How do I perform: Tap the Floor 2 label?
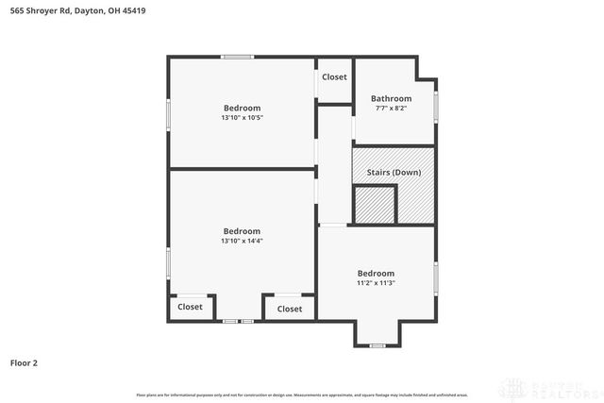point(24,362)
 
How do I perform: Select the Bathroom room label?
point(391,98)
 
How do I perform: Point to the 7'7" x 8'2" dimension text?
point(391,109)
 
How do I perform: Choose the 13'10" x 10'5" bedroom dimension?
point(242,118)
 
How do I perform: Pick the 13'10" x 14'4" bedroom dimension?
point(242,241)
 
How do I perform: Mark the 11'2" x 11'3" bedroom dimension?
point(376,283)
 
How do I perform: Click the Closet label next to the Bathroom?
point(334,76)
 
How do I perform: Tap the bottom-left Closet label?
point(190,307)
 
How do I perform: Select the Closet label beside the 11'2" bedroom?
point(290,309)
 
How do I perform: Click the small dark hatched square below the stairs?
point(374,205)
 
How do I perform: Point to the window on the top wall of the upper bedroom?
point(238,58)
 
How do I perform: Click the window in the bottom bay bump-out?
point(377,346)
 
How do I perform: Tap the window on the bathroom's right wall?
point(436,107)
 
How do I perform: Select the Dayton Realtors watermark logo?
point(547,388)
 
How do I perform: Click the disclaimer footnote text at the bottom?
point(302,394)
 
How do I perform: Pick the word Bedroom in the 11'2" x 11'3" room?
point(376,273)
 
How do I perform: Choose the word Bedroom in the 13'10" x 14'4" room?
point(242,231)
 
